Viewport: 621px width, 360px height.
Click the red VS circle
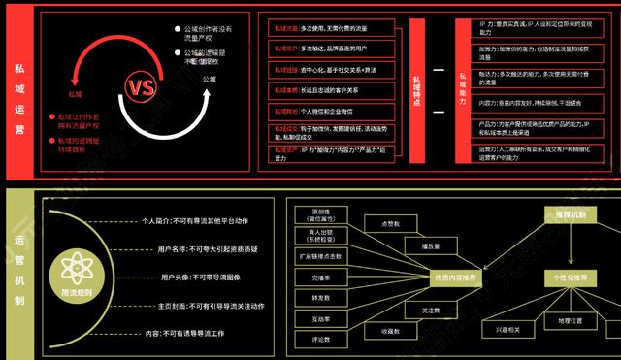(x=141, y=87)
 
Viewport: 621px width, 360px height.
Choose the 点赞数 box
(x=391, y=223)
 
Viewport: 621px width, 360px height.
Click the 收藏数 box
(x=391, y=331)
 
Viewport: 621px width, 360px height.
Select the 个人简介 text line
(x=209, y=221)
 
